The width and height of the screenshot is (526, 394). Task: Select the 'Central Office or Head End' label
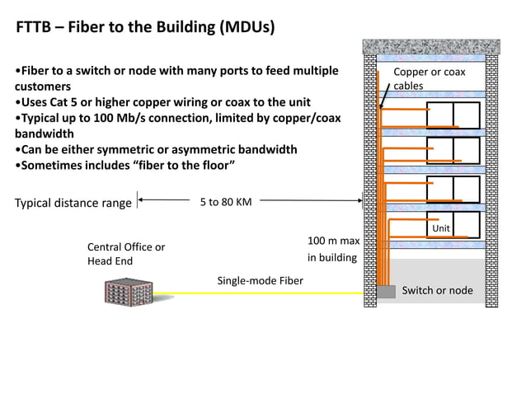coord(125,254)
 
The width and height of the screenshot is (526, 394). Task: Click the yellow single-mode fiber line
coord(264,293)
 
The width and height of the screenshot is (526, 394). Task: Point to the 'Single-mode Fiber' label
coord(260,280)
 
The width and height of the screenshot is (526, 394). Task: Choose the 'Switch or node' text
coord(437,290)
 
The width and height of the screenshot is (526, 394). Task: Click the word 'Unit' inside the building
coord(441,227)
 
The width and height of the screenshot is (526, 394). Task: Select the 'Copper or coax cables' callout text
coord(429,78)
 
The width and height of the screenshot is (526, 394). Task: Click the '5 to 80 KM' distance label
coord(226,201)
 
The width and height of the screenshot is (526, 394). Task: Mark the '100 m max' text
coord(333,241)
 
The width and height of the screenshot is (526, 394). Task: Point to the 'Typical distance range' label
coord(73,203)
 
